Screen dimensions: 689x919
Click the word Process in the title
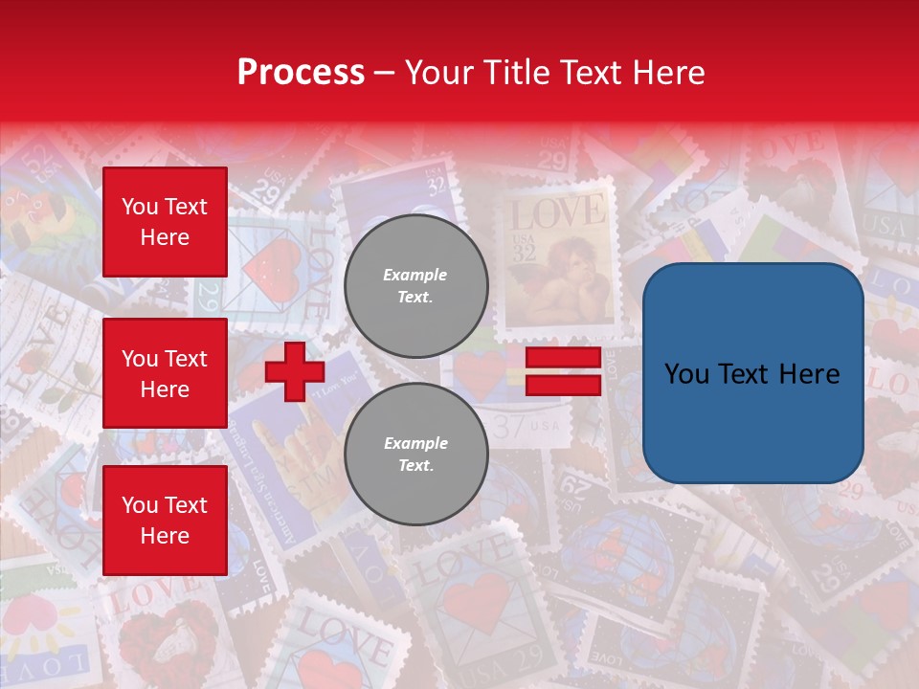tap(301, 73)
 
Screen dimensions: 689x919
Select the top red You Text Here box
tap(165, 222)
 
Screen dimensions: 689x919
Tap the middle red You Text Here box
tap(165, 373)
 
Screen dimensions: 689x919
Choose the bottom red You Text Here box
tap(165, 520)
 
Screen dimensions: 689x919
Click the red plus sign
tap(295, 371)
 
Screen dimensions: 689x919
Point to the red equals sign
tap(563, 371)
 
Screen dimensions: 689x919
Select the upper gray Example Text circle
tap(416, 285)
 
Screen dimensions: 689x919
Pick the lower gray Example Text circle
tap(416, 455)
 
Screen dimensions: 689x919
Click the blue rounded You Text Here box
tap(752, 373)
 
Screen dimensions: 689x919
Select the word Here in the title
tap(666, 73)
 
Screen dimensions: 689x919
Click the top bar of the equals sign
tap(563, 358)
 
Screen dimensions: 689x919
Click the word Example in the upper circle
tap(415, 275)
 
